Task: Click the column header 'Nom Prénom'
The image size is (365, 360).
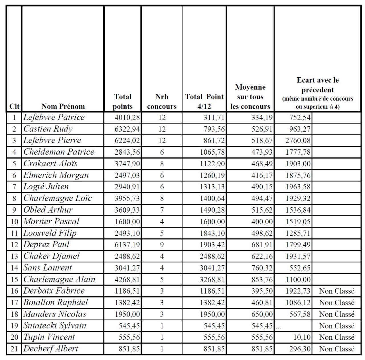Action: click(x=63, y=106)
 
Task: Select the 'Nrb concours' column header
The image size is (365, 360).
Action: click(x=162, y=102)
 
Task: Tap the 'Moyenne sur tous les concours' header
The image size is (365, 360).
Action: click(x=250, y=97)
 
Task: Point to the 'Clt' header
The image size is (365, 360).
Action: click(x=14, y=106)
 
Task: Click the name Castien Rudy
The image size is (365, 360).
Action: click(x=48, y=129)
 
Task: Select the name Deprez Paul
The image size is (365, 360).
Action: click(x=46, y=244)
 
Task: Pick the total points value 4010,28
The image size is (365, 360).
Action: click(x=127, y=118)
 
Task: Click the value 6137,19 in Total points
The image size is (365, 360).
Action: click(x=127, y=245)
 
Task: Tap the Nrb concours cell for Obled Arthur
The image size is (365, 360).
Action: click(x=162, y=210)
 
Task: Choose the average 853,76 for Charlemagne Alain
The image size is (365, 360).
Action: click(x=262, y=280)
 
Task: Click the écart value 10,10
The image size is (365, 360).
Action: click(x=302, y=337)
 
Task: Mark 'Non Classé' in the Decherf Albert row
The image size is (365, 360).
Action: click(x=337, y=349)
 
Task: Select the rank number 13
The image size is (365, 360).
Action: click(x=14, y=256)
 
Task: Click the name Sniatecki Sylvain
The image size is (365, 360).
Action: click(x=55, y=325)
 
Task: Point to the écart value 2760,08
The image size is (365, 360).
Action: click(x=298, y=141)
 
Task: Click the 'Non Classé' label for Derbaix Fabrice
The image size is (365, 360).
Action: click(x=337, y=291)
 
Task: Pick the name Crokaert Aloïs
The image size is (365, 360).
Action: click(x=50, y=163)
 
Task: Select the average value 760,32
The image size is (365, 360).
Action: click(x=262, y=268)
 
